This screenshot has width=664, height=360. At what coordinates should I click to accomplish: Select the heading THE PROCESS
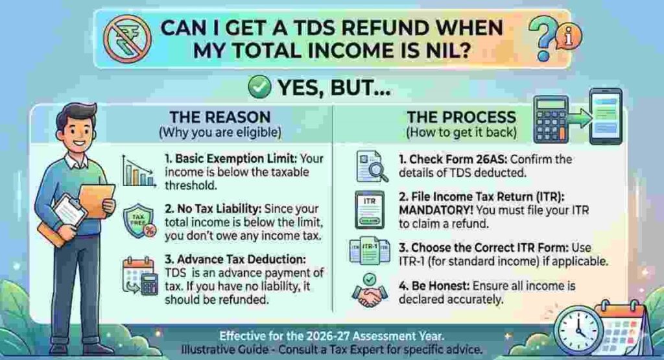click(x=461, y=118)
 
